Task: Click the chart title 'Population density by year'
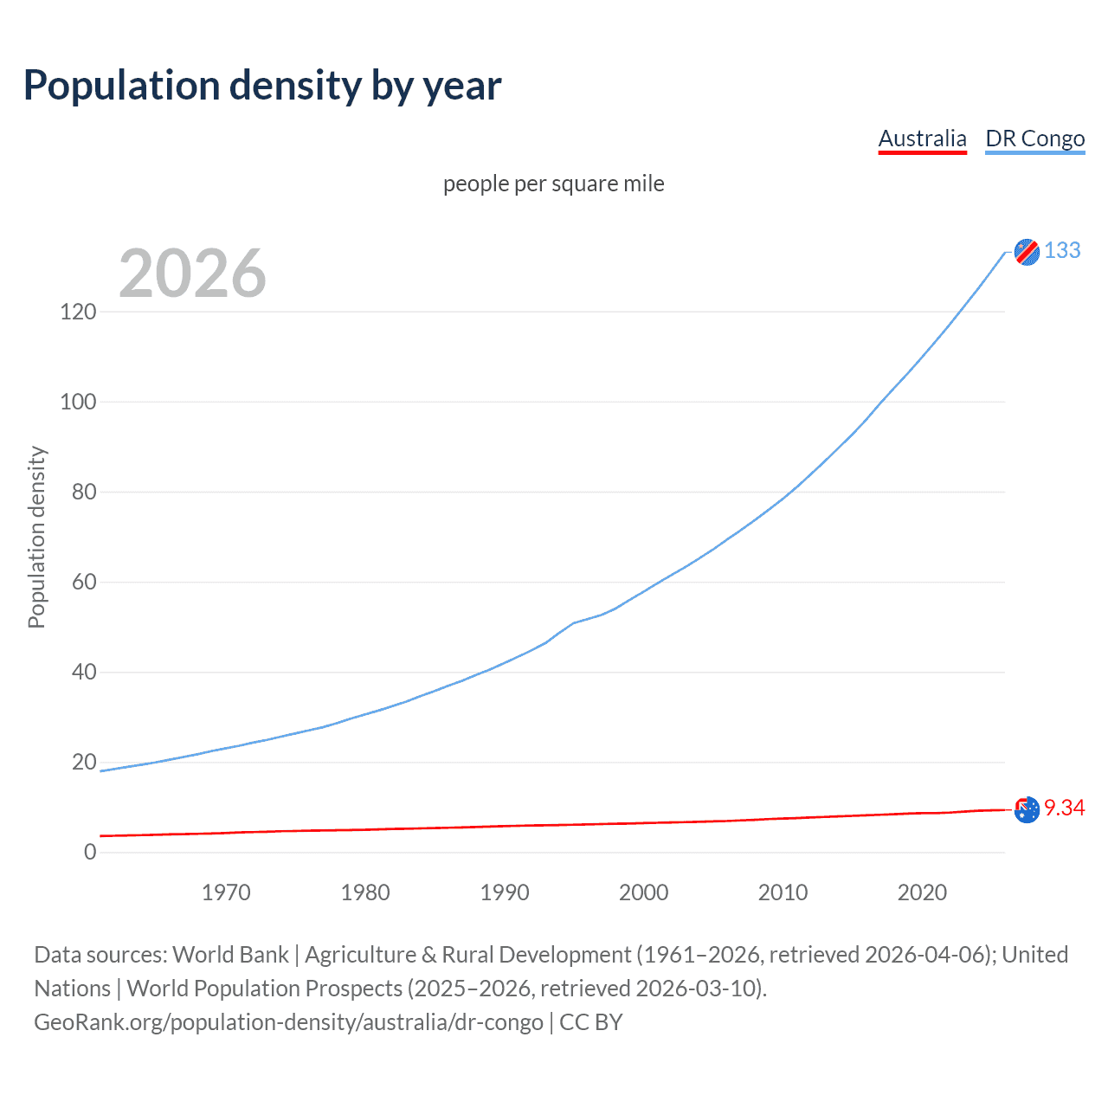tap(262, 86)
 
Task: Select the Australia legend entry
tap(922, 138)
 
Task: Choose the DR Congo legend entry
tap(1034, 138)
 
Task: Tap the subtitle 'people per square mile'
tap(553, 184)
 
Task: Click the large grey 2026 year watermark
tap(192, 274)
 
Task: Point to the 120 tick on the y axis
tap(78, 312)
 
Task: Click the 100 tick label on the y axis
tap(78, 402)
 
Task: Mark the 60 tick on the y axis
tap(84, 582)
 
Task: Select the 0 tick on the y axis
tap(90, 852)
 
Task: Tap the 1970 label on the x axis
tap(226, 892)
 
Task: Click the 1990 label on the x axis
tap(505, 892)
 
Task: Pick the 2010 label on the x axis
tap(783, 892)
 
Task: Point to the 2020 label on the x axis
tap(922, 892)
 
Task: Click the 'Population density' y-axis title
tap(36, 537)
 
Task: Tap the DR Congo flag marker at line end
tap(1027, 252)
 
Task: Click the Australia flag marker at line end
tap(1027, 810)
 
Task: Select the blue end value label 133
tap(1062, 250)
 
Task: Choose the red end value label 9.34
tap(1064, 808)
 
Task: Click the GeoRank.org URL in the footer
tap(288, 1022)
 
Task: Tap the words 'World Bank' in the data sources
tap(230, 955)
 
